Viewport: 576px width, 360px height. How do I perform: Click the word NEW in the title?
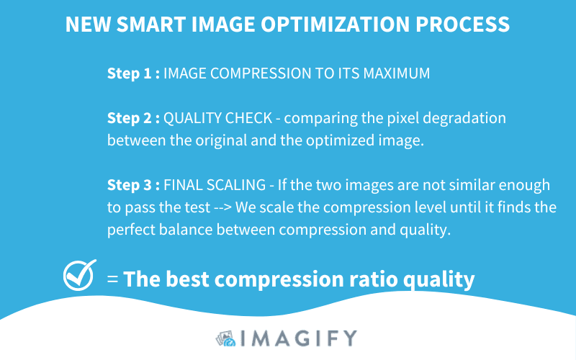coord(88,24)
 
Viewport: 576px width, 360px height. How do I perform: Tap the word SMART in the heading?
coord(151,24)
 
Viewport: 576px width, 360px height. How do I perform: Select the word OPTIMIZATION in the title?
coord(335,24)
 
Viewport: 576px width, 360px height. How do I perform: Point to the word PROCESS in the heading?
coord(462,24)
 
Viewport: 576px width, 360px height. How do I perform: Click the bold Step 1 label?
coord(133,73)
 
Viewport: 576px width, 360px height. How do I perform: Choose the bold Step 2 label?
coord(133,118)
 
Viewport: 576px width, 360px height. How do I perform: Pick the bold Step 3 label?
coord(133,185)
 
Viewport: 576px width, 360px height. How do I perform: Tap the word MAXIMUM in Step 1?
coord(397,73)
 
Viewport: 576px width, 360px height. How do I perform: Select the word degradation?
coord(464,118)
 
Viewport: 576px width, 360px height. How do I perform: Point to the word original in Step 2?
coord(221,140)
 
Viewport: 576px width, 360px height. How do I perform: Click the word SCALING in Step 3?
coord(236,185)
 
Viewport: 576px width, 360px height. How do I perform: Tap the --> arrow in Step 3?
coord(222,208)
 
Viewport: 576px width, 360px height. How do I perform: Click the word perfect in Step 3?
coord(131,230)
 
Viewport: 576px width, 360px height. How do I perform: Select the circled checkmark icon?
coord(79,275)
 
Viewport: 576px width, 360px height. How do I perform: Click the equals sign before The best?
coord(112,279)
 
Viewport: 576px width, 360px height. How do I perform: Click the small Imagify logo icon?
coord(225,338)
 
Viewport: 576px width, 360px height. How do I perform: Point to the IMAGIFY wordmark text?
coord(299,338)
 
